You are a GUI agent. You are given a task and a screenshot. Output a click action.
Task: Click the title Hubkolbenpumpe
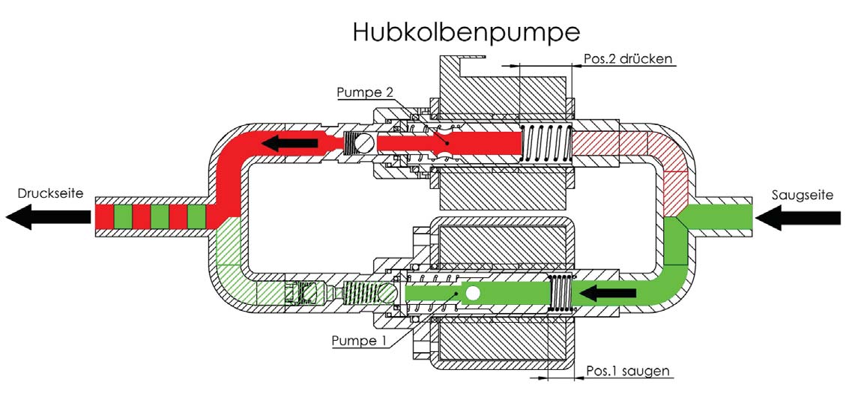click(466, 31)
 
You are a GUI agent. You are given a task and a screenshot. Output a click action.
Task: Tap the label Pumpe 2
click(364, 92)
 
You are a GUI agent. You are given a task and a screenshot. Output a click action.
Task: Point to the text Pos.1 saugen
click(628, 372)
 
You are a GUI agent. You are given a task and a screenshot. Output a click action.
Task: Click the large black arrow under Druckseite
click(48, 217)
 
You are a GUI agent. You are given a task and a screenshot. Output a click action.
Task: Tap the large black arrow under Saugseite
click(797, 217)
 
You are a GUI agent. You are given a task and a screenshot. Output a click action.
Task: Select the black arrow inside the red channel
click(290, 143)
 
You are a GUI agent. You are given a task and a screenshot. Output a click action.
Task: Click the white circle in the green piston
click(472, 294)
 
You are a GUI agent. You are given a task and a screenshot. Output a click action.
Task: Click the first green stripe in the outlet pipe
click(124, 216)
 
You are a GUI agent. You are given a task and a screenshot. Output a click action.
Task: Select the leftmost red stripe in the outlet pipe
click(104, 216)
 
